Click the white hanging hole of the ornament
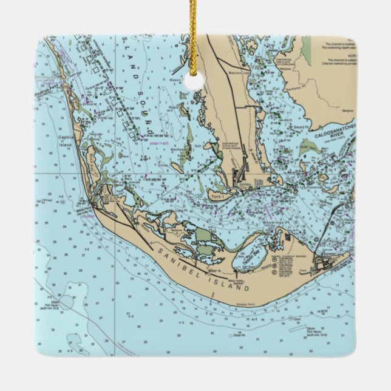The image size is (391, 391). [193, 80]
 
